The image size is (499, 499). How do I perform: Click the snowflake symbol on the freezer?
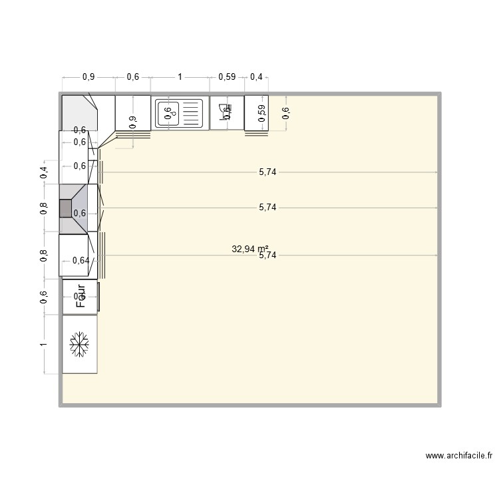pyautogui.click(x=79, y=345)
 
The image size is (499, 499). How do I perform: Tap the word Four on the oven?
pyautogui.click(x=81, y=297)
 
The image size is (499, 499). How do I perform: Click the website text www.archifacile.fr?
pyautogui.click(x=460, y=456)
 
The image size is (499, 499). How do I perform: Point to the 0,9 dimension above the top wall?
pyautogui.click(x=88, y=77)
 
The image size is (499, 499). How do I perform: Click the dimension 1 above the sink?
pyautogui.click(x=180, y=77)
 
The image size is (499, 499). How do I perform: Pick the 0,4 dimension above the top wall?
pyautogui.click(x=255, y=77)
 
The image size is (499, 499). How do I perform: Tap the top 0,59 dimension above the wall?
pyautogui.click(x=227, y=77)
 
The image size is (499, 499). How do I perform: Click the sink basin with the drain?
pyautogui.click(x=168, y=112)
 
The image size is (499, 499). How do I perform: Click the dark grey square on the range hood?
pyautogui.click(x=65, y=208)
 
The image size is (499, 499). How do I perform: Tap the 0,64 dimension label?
pyautogui.click(x=80, y=260)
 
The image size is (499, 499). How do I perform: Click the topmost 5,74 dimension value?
pyautogui.click(x=267, y=172)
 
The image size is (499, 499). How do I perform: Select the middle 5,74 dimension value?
pyautogui.click(x=267, y=208)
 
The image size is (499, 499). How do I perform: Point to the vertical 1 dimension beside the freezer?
pyautogui.click(x=44, y=344)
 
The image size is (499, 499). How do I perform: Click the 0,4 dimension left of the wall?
pyautogui.click(x=44, y=172)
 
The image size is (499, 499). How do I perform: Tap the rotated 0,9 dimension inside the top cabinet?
pyautogui.click(x=132, y=121)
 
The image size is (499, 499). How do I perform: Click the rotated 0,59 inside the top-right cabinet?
pyautogui.click(x=261, y=112)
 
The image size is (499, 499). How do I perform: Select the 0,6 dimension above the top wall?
pyautogui.click(x=132, y=77)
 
